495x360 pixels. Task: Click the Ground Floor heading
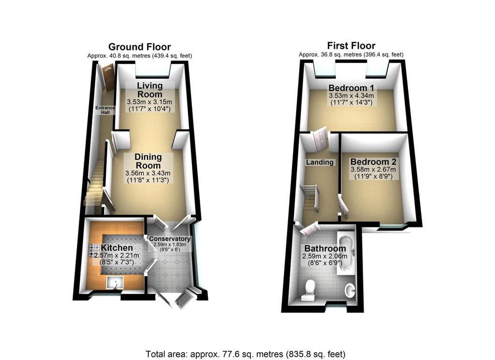[140, 47]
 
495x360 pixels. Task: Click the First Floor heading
[351, 46]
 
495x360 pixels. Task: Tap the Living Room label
[150, 90]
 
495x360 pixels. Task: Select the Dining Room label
[148, 161]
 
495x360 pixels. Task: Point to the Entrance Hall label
[105, 110]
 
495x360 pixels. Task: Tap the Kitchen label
[117, 248]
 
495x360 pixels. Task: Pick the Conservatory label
[170, 239]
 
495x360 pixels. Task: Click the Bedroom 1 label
[351, 88]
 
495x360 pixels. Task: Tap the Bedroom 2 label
[373, 162]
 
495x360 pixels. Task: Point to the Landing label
[320, 162]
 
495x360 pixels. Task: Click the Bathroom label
[325, 248]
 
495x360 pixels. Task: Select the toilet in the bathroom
[309, 290]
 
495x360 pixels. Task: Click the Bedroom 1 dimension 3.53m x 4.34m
[351, 96]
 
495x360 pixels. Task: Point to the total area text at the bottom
[246, 354]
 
